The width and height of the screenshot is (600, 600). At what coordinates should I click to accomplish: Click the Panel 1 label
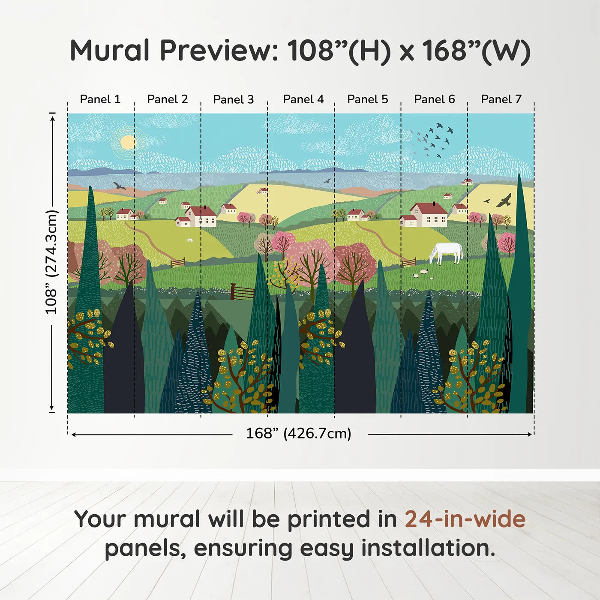tap(100, 99)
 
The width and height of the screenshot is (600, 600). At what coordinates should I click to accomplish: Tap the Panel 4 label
tap(303, 99)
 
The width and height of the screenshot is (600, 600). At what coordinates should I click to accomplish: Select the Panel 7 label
tap(501, 99)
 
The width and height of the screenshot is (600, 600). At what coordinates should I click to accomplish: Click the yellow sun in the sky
tap(128, 142)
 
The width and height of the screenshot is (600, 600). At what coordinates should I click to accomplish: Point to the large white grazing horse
tap(447, 252)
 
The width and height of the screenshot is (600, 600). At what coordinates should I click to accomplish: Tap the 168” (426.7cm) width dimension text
tap(299, 434)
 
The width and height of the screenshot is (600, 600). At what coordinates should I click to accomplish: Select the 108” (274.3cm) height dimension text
tap(51, 262)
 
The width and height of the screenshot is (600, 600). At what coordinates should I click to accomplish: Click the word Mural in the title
tap(110, 51)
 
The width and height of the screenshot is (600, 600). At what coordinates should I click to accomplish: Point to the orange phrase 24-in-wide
tap(465, 519)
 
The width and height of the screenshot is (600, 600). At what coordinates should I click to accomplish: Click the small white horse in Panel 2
tap(190, 240)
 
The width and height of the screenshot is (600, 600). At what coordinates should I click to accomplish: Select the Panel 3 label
tap(234, 99)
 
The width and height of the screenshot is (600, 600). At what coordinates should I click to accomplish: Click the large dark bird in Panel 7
tap(504, 200)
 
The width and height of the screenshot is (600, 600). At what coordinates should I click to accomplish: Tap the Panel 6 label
tap(435, 99)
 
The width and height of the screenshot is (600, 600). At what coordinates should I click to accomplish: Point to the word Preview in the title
tap(219, 51)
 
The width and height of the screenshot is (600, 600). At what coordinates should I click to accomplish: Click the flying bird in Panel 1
tap(119, 186)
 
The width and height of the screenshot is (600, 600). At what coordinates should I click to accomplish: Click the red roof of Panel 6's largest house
tap(429, 208)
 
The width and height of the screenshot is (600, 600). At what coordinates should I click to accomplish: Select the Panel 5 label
tap(368, 99)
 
